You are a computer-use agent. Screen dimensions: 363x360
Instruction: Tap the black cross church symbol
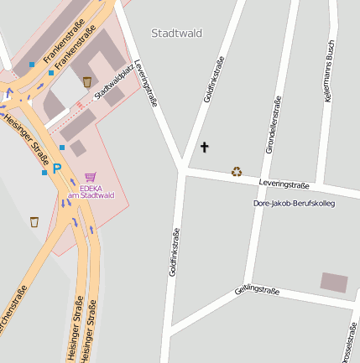[204, 148]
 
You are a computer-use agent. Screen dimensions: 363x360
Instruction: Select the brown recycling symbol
[237, 172]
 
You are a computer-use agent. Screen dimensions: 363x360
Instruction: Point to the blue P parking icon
[57, 169]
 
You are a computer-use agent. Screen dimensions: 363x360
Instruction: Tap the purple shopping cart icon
[90, 177]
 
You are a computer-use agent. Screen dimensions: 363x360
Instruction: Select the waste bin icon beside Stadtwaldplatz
[87, 81]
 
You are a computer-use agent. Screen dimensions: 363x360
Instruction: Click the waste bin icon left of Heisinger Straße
[34, 222]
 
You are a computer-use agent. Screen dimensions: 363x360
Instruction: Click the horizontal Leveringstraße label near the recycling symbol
[284, 184]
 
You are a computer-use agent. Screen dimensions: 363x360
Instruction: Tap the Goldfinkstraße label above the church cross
[215, 80]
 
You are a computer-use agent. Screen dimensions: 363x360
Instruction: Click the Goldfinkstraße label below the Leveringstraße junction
[175, 252]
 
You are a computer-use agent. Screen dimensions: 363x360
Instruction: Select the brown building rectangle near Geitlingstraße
[333, 283]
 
